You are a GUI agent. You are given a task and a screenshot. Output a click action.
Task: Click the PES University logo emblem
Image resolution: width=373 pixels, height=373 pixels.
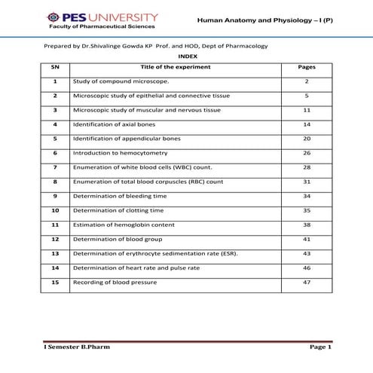[x=52, y=17]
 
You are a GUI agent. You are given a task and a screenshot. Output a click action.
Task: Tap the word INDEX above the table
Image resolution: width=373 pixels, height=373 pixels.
[x=186, y=57]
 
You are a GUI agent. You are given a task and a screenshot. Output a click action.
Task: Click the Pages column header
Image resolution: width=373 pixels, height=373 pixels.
[x=307, y=67]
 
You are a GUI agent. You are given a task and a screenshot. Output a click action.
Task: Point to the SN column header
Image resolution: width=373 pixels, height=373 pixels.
[x=55, y=67]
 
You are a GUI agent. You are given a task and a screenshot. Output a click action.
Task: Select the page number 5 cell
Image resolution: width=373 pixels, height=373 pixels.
[x=307, y=96]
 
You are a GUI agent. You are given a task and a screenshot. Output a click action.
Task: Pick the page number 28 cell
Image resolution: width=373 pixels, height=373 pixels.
[x=307, y=167]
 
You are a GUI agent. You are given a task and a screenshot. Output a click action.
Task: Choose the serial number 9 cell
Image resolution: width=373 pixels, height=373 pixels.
[x=55, y=196]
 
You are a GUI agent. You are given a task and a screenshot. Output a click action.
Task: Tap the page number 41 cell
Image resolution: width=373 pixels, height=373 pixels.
[x=307, y=239]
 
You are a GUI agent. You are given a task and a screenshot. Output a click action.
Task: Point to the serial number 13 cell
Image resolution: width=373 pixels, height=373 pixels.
[x=55, y=253]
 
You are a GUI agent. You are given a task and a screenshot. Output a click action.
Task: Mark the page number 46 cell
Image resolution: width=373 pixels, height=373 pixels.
[x=307, y=268]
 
